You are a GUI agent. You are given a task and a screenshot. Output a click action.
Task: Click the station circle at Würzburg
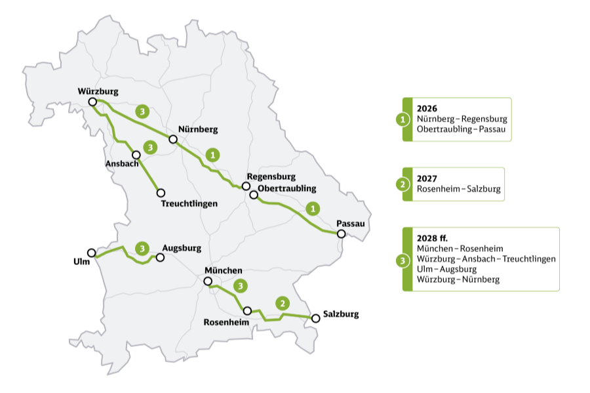tap(92, 102)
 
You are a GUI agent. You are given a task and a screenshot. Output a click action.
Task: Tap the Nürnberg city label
tap(198, 129)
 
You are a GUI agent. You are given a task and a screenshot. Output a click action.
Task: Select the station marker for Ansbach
tap(136, 155)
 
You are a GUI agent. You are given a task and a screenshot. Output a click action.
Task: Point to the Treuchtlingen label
tap(189, 203)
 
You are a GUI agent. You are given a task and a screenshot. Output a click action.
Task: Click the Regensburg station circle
tap(246, 186)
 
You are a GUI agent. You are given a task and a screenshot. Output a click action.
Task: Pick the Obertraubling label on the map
tap(287, 188)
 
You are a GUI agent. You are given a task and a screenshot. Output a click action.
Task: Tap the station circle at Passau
tap(341, 234)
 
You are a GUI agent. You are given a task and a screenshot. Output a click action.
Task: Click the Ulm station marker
tap(91, 253)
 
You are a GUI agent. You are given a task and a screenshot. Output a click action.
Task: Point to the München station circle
tap(208, 281)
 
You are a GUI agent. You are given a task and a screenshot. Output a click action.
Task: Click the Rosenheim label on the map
tap(226, 323)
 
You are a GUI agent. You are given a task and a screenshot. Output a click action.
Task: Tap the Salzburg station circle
tap(315, 318)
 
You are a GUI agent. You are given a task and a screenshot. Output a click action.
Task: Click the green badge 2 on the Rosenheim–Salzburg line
tap(282, 303)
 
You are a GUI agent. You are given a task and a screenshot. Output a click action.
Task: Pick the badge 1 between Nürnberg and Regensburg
tap(212, 155)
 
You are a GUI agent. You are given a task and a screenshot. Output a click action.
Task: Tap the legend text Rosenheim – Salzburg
tap(458, 189)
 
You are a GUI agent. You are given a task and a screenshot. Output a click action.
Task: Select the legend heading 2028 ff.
tap(431, 238)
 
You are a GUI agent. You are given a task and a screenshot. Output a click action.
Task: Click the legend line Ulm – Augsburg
tap(446, 269)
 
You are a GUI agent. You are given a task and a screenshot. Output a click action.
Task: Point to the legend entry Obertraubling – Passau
tap(462, 129)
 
